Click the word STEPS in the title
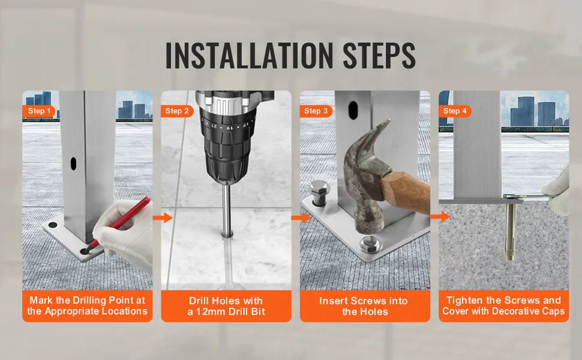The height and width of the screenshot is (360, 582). [379, 55]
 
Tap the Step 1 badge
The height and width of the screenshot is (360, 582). [38, 111]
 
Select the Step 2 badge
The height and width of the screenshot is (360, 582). [176, 111]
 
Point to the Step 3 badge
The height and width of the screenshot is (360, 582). [316, 111]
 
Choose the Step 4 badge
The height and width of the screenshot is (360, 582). [455, 111]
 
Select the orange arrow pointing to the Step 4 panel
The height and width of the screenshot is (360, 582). [440, 217]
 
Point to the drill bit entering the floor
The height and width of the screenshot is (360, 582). [226, 209]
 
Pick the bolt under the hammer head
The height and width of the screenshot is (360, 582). [368, 244]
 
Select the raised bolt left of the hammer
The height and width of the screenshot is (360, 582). [319, 193]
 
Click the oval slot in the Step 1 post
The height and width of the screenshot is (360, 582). [73, 164]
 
